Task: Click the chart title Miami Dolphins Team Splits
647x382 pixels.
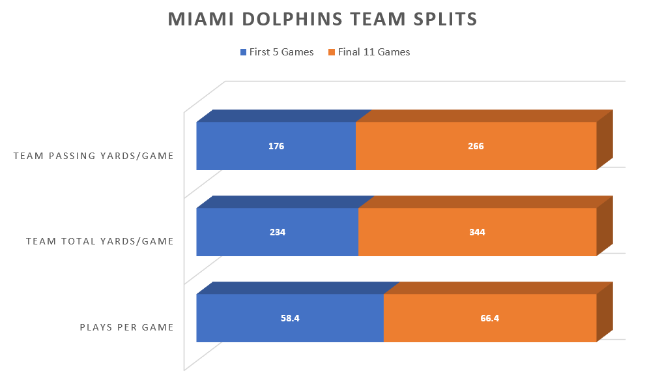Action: (x=323, y=20)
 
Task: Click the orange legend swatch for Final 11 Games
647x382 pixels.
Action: (x=332, y=52)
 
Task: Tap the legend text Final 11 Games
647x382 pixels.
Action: (x=374, y=52)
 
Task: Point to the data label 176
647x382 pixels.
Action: (x=276, y=146)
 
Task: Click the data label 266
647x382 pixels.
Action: (x=476, y=146)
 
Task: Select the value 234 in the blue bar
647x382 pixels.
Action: (x=277, y=232)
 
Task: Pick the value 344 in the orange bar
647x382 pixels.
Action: (x=477, y=232)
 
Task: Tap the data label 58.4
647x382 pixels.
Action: (x=290, y=318)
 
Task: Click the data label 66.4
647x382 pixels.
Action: (x=490, y=318)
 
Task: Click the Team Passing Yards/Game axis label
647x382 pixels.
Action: (x=93, y=156)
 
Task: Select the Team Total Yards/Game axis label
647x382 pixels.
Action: (x=100, y=241)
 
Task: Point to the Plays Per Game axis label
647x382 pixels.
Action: (x=126, y=327)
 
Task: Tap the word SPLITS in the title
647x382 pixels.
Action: (x=444, y=20)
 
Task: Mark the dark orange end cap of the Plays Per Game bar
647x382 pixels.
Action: (x=605, y=312)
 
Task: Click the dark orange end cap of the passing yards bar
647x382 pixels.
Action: (x=605, y=140)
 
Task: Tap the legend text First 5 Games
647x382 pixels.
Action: (x=281, y=52)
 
